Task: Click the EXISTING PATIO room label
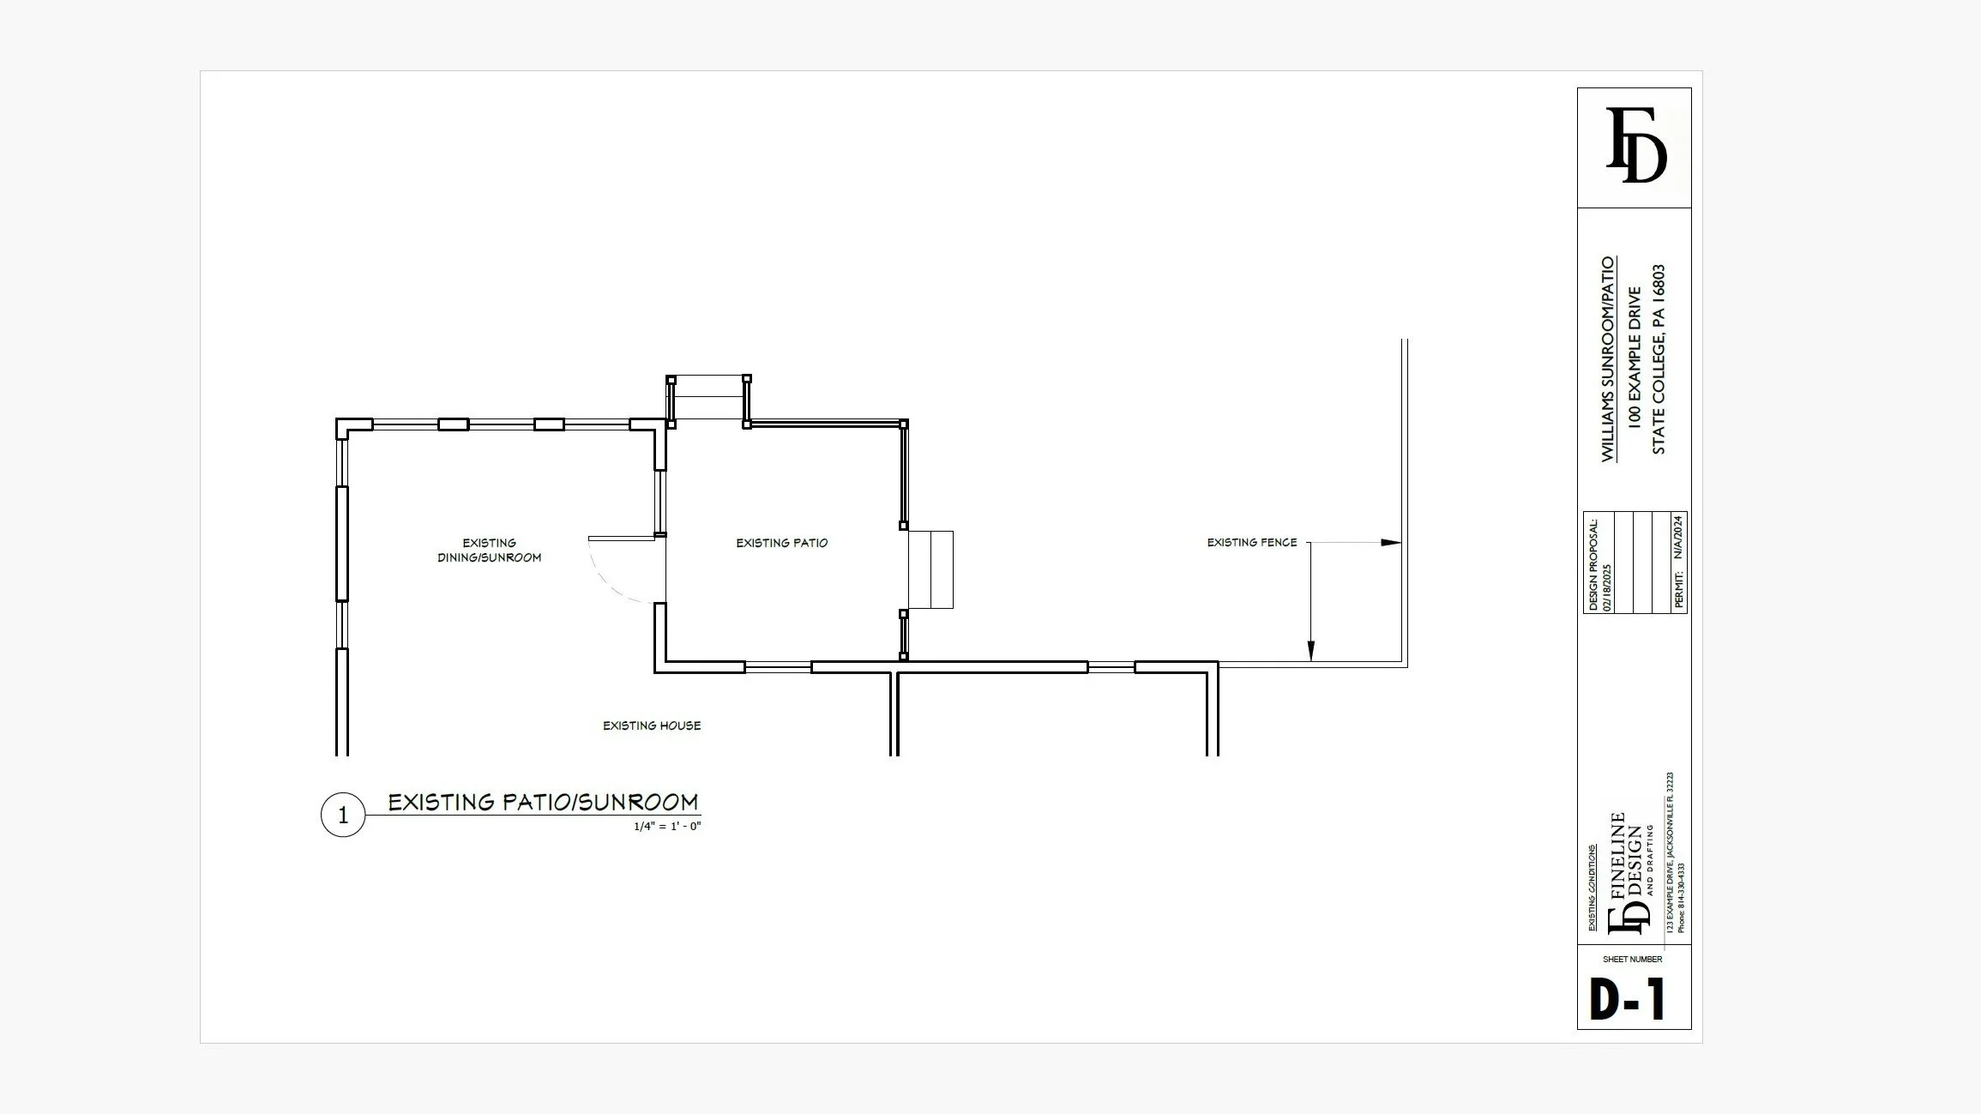(782, 543)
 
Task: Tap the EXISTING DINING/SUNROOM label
(490, 550)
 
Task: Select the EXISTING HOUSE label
(652, 726)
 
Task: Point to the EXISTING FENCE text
(1252, 542)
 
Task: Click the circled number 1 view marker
(343, 815)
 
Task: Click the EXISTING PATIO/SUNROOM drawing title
(544, 802)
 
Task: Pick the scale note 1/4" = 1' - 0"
(667, 827)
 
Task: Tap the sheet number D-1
(1628, 999)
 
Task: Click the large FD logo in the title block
(1635, 145)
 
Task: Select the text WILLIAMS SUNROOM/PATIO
(1608, 358)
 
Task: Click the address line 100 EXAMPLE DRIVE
(1635, 358)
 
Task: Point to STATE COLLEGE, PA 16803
(1659, 359)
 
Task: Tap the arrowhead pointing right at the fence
(1390, 543)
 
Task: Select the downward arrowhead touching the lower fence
(1310, 652)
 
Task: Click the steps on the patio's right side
(930, 569)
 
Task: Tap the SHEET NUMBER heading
(1633, 960)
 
